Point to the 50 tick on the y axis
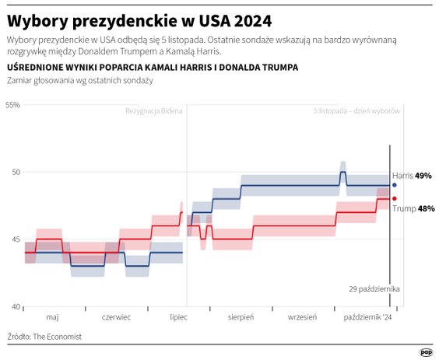tap(15, 172)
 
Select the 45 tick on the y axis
tap(15, 239)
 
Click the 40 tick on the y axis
tap(15, 307)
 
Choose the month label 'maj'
tap(53, 318)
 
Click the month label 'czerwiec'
tap(116, 318)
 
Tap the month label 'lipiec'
tap(179, 318)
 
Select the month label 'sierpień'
tap(241, 318)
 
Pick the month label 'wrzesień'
tap(303, 318)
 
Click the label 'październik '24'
tap(369, 318)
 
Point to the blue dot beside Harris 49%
tap(395, 185)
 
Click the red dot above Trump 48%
tap(395, 198)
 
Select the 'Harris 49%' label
tap(412, 176)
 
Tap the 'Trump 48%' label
tap(413, 208)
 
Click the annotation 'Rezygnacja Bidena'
tap(154, 111)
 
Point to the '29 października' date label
tap(374, 288)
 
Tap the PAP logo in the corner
tap(426, 351)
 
